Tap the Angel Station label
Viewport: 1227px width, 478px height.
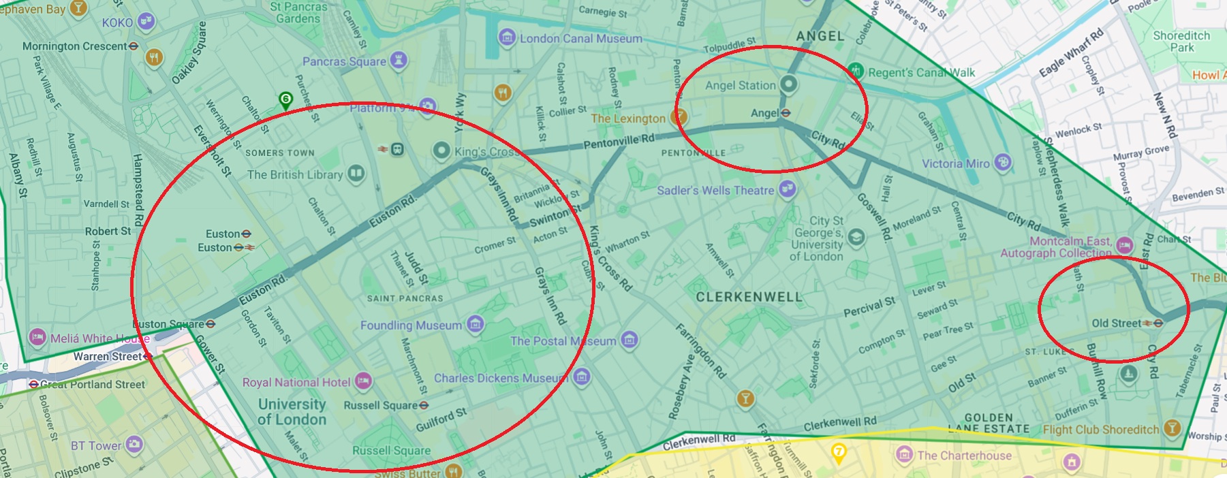pos(741,85)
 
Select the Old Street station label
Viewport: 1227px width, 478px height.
pos(1116,323)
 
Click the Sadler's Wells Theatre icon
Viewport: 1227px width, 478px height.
pos(788,190)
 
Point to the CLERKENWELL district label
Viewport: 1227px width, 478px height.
pos(749,297)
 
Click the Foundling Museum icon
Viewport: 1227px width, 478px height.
pos(476,325)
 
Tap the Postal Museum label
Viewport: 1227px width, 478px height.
pos(563,340)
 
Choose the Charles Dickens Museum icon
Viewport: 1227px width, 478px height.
pos(581,377)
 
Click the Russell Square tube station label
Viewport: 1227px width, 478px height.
pos(380,405)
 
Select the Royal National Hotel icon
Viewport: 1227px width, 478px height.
pos(364,382)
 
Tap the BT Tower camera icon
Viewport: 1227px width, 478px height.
pos(134,445)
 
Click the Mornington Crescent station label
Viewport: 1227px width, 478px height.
pos(75,46)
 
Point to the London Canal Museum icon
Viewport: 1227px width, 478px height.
pos(507,38)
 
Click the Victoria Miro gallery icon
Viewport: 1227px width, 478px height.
pos(1002,163)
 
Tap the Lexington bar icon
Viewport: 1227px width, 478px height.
pos(678,118)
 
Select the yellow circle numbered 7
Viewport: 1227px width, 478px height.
pos(839,451)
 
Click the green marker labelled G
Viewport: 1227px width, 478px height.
pos(286,101)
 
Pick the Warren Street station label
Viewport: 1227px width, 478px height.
pos(108,356)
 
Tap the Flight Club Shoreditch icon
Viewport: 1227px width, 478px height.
pos(1172,428)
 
